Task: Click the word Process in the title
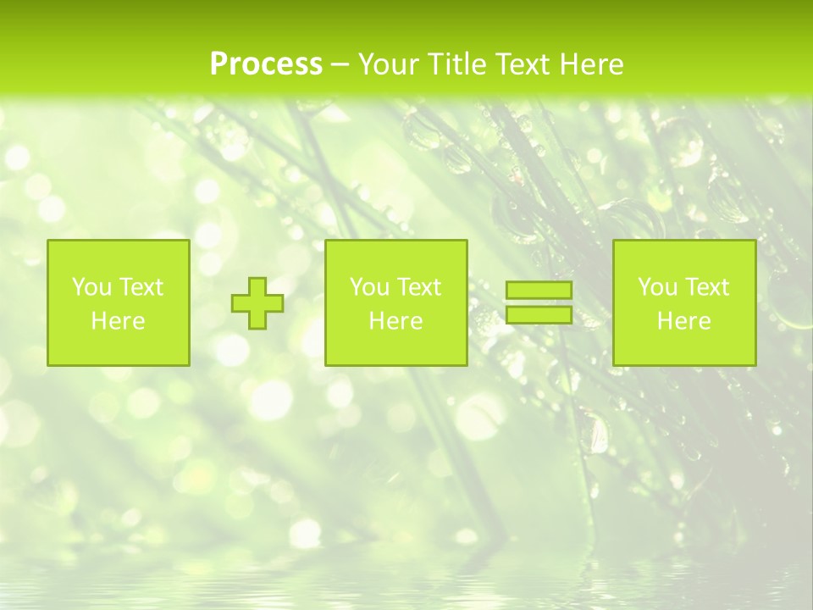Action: pos(266,64)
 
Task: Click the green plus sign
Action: pos(257,303)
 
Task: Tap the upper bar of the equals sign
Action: pos(539,290)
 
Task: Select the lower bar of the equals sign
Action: pos(539,314)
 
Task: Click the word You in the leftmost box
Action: pos(91,287)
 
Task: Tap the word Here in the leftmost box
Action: pos(118,320)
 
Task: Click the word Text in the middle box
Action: pos(419,287)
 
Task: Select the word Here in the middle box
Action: pos(395,320)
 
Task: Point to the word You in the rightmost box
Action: pos(657,287)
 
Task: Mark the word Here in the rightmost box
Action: pos(683,320)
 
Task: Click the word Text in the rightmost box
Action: pos(707,287)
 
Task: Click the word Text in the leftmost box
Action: pos(141,287)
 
